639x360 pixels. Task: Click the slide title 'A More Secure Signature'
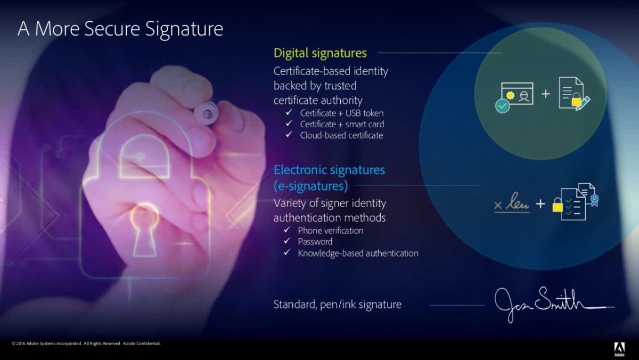(120, 29)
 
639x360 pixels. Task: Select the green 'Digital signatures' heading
(320, 53)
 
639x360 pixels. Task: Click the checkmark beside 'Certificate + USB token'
(289, 112)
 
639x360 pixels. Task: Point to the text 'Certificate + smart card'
(342, 125)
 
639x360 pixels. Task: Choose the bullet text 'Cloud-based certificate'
(341, 135)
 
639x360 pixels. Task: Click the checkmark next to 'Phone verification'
(287, 230)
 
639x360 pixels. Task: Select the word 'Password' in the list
(315, 242)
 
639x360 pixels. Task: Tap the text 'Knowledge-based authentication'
(358, 253)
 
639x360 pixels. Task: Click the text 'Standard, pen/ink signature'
(338, 305)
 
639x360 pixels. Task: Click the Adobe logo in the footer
(619, 349)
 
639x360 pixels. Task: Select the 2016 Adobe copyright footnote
(86, 343)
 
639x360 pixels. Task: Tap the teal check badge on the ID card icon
(502, 106)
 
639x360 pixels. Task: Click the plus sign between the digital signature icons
(545, 94)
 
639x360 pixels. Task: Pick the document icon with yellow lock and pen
(574, 94)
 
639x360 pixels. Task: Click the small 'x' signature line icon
(498, 205)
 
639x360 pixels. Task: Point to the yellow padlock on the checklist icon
(558, 206)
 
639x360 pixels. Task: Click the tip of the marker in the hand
(207, 114)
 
